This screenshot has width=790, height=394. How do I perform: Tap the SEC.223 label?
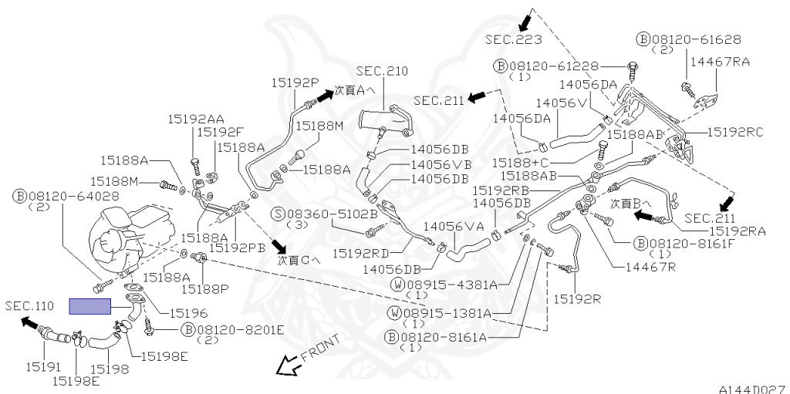point(513,39)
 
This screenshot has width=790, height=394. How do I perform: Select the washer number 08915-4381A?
point(457,284)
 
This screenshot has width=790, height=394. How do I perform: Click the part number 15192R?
point(577,298)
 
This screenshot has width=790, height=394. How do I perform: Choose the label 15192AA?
point(197,119)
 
